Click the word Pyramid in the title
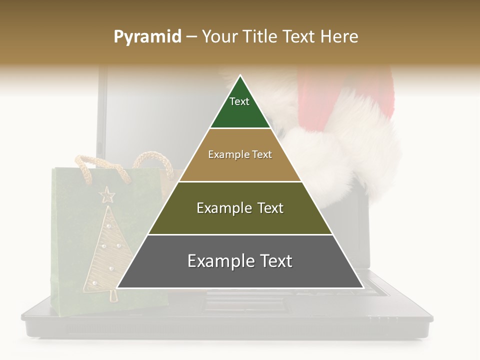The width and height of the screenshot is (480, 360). point(147,37)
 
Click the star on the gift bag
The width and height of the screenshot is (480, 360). point(106,194)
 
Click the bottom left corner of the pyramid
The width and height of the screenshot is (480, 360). point(118,287)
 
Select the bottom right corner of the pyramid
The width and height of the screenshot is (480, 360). point(362,287)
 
